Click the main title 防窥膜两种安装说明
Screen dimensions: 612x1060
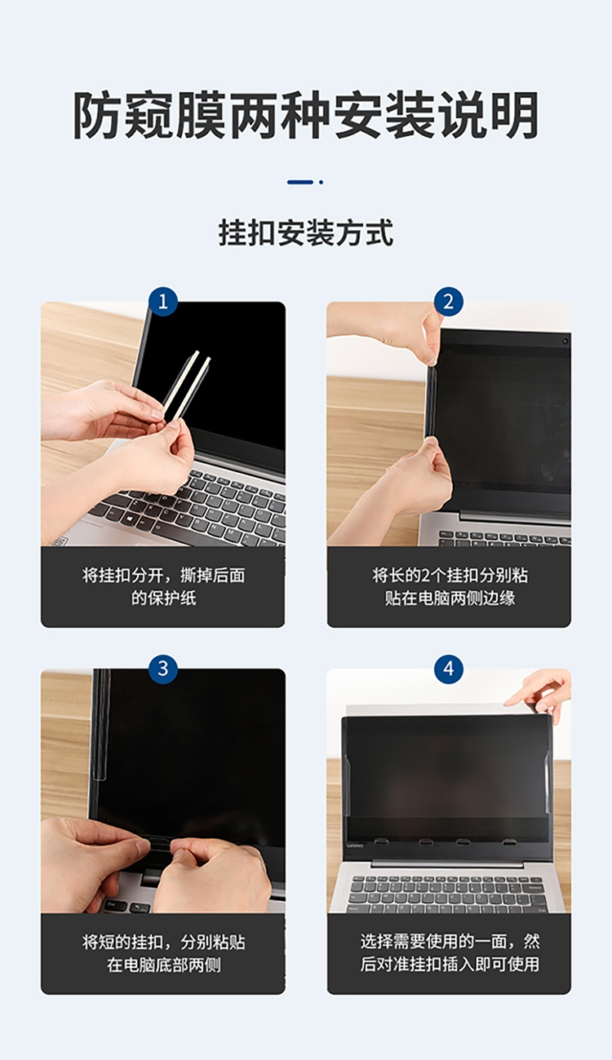(x=305, y=115)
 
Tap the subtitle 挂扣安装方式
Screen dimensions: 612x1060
(x=305, y=233)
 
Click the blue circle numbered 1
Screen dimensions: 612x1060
(x=163, y=302)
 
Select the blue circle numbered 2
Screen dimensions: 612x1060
(x=449, y=302)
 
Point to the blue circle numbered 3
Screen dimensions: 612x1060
(x=163, y=669)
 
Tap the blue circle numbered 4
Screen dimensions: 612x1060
(x=449, y=669)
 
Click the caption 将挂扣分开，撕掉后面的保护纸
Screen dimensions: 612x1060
(x=163, y=587)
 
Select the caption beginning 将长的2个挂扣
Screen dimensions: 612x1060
(x=450, y=587)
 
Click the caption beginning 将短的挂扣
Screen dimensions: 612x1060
(x=163, y=953)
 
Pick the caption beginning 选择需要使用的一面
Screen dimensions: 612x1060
(x=450, y=952)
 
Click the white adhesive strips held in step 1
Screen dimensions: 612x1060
(x=186, y=386)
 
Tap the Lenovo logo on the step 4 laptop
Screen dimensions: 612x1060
(x=355, y=845)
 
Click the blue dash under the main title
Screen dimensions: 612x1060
(x=300, y=182)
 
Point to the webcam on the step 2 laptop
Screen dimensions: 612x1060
(x=565, y=341)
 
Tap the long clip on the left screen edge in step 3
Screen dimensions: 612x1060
(x=99, y=725)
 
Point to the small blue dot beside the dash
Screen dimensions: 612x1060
(x=322, y=182)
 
